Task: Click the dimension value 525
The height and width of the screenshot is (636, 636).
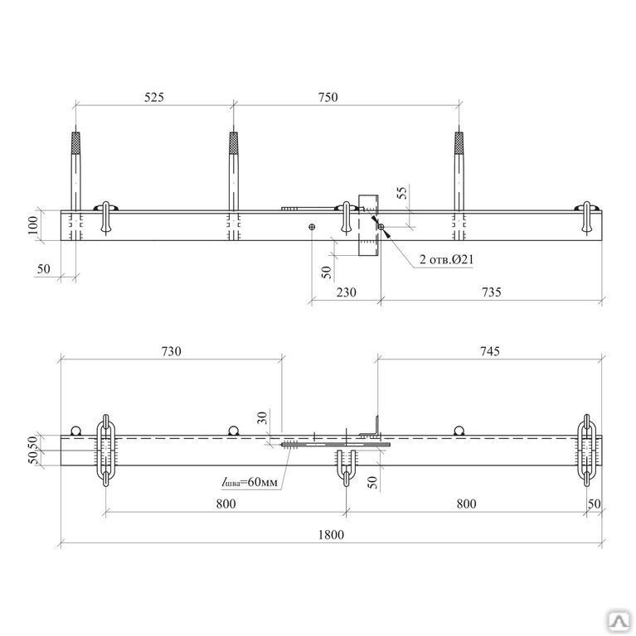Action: pos(154,97)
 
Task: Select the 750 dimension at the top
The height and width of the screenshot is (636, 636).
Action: pos(328,97)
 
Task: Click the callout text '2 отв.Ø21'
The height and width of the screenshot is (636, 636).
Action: pos(446,260)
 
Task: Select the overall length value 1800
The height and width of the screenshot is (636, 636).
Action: pos(330,534)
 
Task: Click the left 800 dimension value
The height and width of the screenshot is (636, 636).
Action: pos(225,503)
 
